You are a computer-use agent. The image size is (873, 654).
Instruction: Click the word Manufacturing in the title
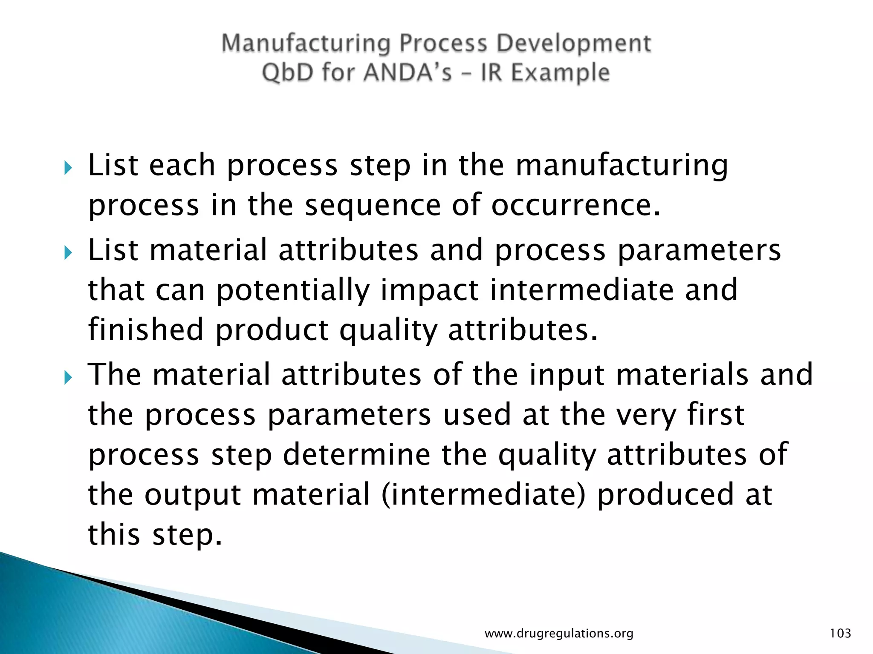306,44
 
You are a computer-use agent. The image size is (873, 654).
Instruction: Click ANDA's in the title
408,72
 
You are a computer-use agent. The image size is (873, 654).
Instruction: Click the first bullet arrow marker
68,168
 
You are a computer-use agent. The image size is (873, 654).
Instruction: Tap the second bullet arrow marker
68,253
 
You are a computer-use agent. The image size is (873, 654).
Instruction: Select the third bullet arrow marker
68,377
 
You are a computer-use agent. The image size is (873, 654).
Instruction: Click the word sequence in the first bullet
373,205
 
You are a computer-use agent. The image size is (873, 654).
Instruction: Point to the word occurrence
575,205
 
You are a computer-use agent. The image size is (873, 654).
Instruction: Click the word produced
665,495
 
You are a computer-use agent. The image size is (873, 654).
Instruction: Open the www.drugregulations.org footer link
559,634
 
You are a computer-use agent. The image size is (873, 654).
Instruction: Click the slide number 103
840,634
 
